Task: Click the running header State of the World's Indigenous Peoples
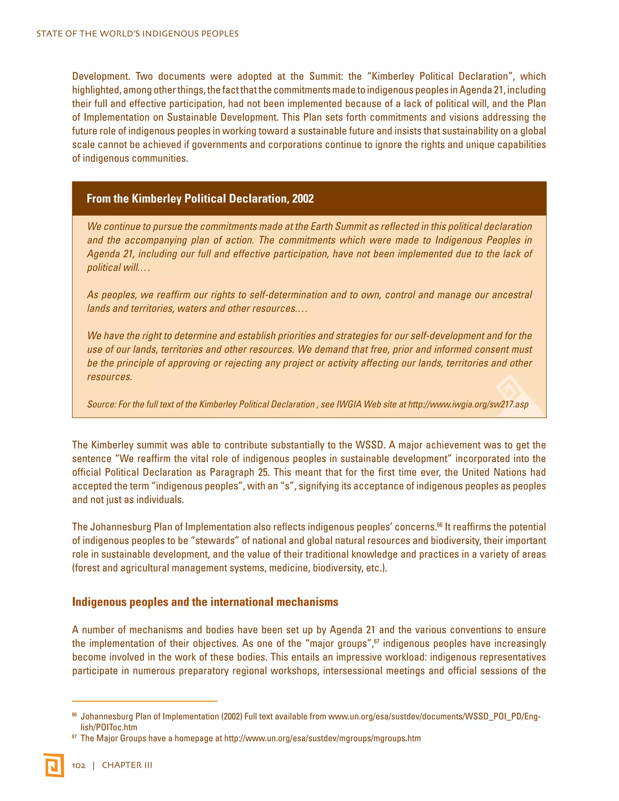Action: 137,34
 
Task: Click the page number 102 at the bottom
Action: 79,765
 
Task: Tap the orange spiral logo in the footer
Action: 54,765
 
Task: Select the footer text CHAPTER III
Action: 127,765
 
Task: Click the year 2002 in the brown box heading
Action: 303,199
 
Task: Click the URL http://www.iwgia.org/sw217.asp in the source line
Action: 468,404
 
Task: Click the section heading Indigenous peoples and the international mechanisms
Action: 205,602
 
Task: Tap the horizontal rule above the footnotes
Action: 144,701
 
